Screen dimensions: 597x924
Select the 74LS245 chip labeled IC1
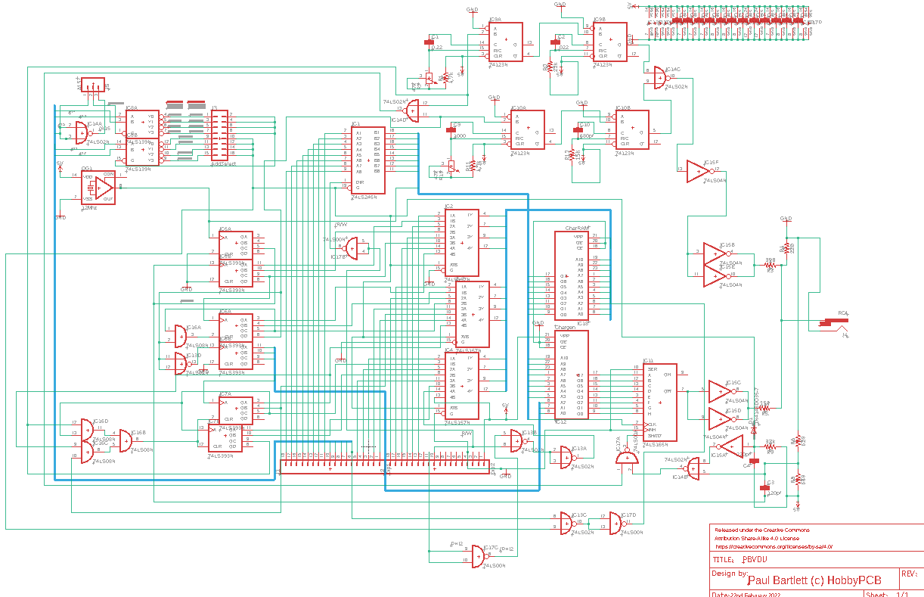pyautogui.click(x=367, y=160)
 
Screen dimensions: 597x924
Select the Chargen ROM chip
pyautogui.click(x=571, y=374)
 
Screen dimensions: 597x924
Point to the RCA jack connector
pyautogui.click(x=836, y=323)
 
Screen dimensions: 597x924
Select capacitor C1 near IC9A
pyautogui.click(x=434, y=42)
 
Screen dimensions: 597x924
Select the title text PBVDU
pyautogui.click(x=755, y=560)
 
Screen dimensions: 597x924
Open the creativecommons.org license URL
pyautogui.click(x=773, y=546)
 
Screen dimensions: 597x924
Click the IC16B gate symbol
pyautogui.click(x=124, y=441)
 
